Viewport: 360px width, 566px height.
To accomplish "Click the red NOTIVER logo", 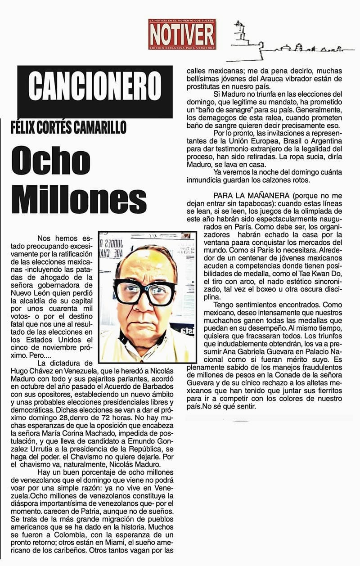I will pos(182,34).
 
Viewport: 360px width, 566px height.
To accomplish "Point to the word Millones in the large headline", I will pos(79,198).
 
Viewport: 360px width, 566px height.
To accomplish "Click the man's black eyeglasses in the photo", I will pos(144,293).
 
